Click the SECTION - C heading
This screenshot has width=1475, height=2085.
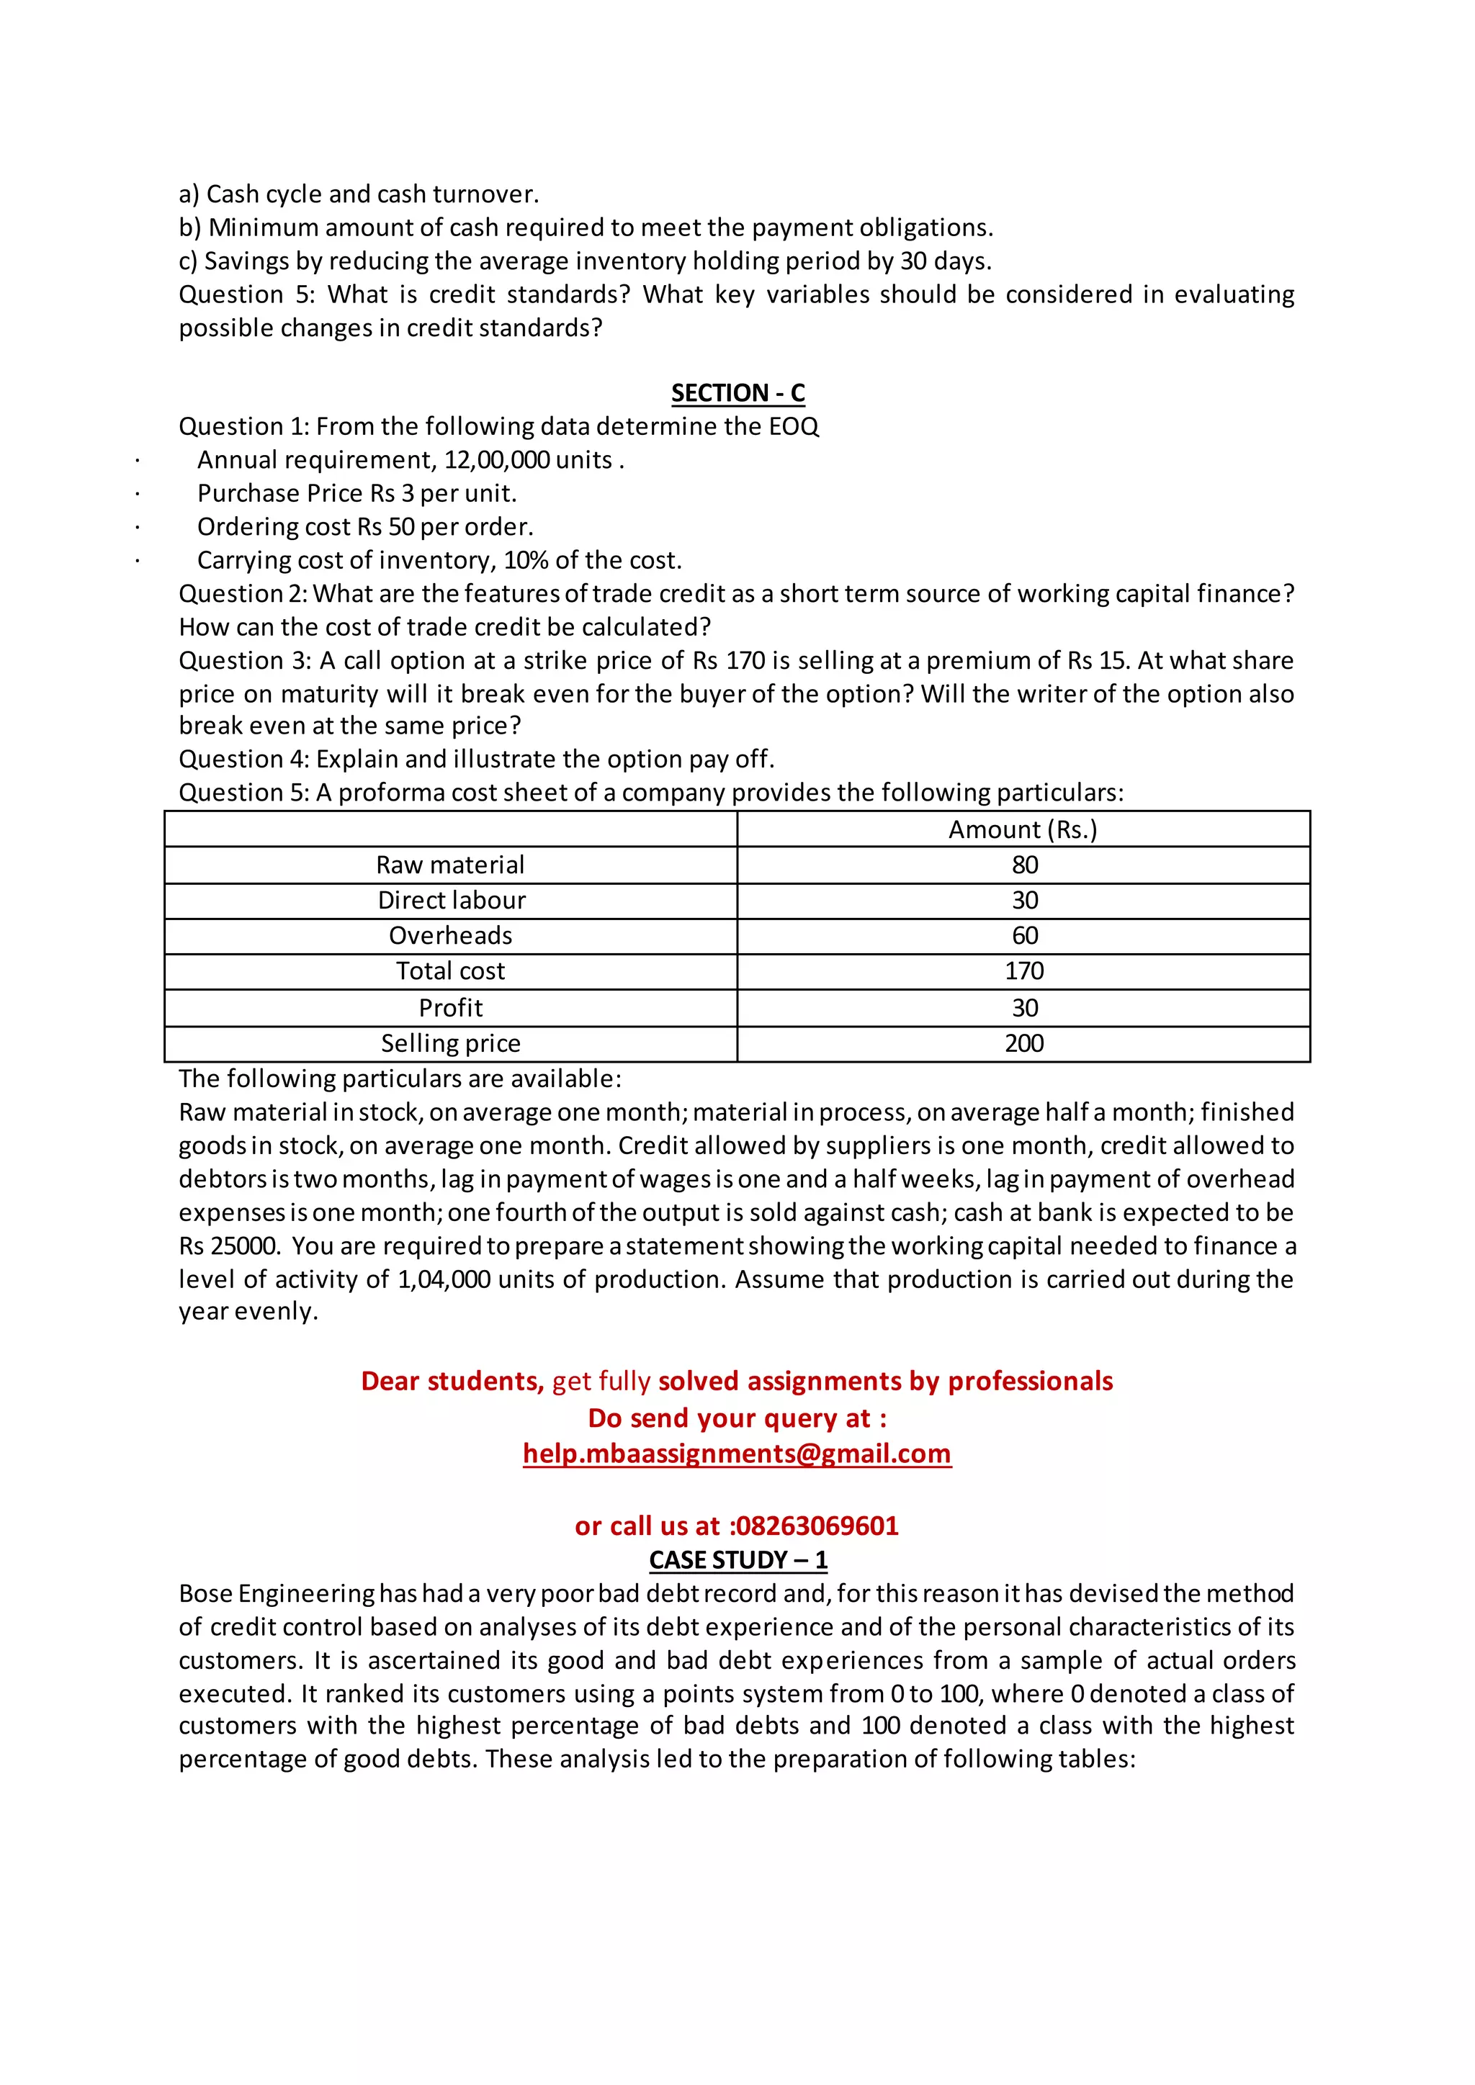point(737,392)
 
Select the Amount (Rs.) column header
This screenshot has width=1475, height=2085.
point(1023,829)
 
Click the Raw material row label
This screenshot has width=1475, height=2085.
point(450,865)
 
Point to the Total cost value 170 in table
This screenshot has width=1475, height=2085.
point(1023,971)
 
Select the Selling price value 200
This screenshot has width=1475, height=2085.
point(1023,1042)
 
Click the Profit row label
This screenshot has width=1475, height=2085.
point(450,1007)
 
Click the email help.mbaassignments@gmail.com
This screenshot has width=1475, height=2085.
point(737,1453)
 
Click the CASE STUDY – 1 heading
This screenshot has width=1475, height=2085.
point(737,1559)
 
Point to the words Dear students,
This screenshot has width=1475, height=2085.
point(452,1380)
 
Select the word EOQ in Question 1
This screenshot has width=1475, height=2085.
point(794,426)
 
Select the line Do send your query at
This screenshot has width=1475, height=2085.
point(737,1418)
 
